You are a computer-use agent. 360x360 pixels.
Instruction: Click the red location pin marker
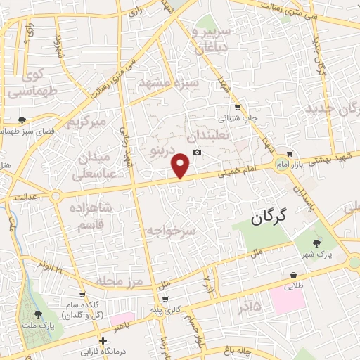click(181, 165)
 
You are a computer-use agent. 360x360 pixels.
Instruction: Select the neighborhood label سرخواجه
click(172, 229)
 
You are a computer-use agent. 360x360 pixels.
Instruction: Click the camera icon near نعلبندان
click(197, 153)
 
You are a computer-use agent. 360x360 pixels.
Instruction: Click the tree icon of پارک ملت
click(38, 315)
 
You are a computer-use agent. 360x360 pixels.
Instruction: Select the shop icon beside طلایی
click(293, 276)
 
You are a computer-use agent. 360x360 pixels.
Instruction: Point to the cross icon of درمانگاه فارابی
click(103, 340)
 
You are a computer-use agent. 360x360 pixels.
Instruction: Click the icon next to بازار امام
click(290, 154)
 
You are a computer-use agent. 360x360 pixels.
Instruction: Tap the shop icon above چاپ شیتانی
click(237, 108)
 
